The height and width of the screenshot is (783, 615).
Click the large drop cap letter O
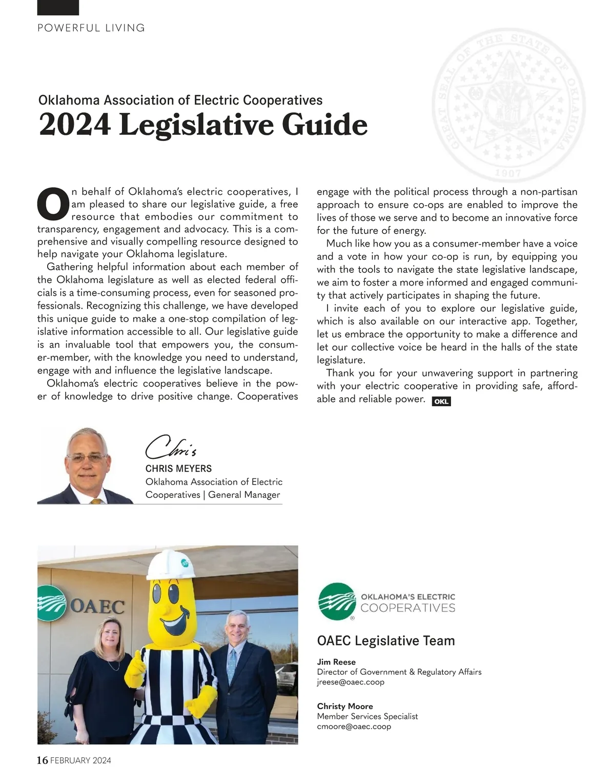pos(53,203)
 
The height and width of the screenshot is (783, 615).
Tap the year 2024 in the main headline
pos(74,125)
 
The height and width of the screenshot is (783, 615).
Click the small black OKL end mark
pos(441,401)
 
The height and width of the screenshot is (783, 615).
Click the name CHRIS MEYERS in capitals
pos(178,469)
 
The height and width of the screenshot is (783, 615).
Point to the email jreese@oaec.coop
pos(351,682)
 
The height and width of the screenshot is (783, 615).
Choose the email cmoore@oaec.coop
pos(354,726)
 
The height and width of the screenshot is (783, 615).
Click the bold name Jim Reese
pos(336,662)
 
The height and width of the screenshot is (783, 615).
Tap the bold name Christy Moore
pos(345,706)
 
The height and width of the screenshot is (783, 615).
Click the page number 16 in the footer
pos(43,760)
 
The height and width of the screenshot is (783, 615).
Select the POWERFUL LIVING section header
pos(91,28)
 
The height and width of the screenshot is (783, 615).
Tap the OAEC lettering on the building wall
pos(97,607)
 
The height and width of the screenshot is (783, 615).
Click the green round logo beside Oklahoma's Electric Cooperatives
pos(337,601)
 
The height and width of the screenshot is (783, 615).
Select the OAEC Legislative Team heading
pos(386,640)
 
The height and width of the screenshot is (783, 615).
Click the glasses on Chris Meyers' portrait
pos(87,457)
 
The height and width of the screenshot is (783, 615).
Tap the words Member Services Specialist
pos(367,716)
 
